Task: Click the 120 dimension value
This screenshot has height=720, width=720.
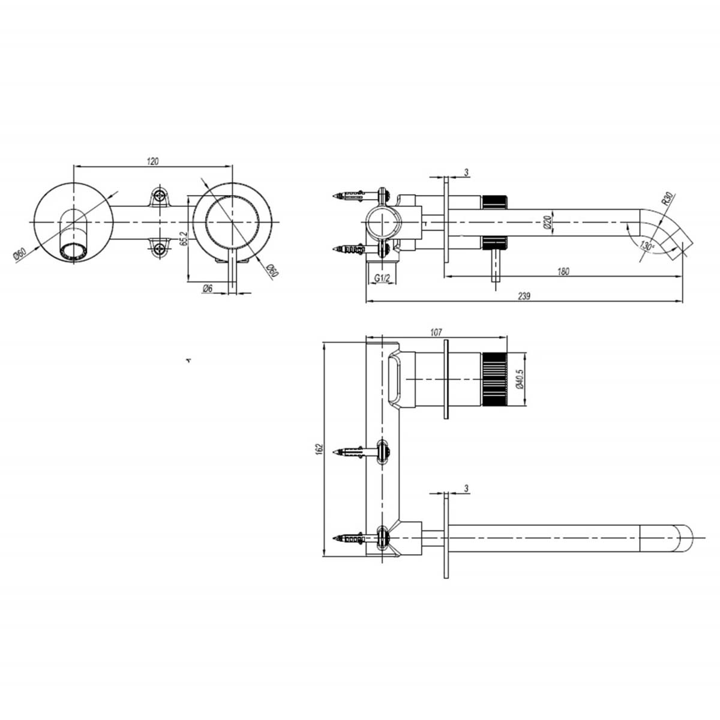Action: [152, 161]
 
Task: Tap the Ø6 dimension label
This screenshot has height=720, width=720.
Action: [207, 289]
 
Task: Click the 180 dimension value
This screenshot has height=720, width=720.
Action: [563, 271]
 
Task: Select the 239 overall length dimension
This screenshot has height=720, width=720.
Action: [524, 296]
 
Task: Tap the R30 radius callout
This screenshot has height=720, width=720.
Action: [667, 199]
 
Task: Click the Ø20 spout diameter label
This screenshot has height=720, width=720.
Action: [547, 223]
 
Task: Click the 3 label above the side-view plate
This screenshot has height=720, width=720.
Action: [467, 173]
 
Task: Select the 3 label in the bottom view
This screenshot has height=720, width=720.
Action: [467, 489]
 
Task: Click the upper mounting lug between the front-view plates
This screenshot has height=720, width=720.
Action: [160, 195]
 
